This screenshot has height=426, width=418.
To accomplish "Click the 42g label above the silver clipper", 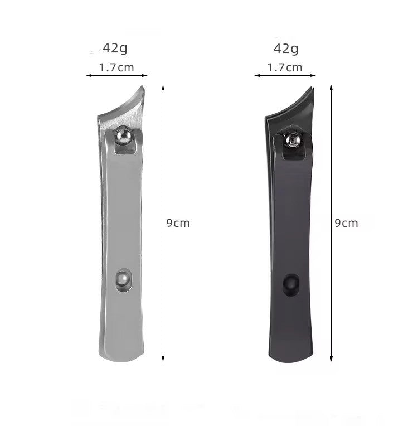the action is coord(115,49).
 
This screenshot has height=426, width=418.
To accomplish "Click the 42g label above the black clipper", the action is coord(286,49).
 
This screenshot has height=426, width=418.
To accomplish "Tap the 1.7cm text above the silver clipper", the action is coord(116,67).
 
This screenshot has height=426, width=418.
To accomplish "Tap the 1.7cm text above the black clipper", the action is coord(285,67).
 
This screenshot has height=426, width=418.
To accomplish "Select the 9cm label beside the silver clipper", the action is coord(178,223).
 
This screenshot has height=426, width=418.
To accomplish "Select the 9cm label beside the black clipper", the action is coord(346,223).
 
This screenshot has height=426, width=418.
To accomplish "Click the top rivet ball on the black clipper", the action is coord(293,140).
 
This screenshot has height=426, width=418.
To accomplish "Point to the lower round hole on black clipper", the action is coord(291,284).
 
